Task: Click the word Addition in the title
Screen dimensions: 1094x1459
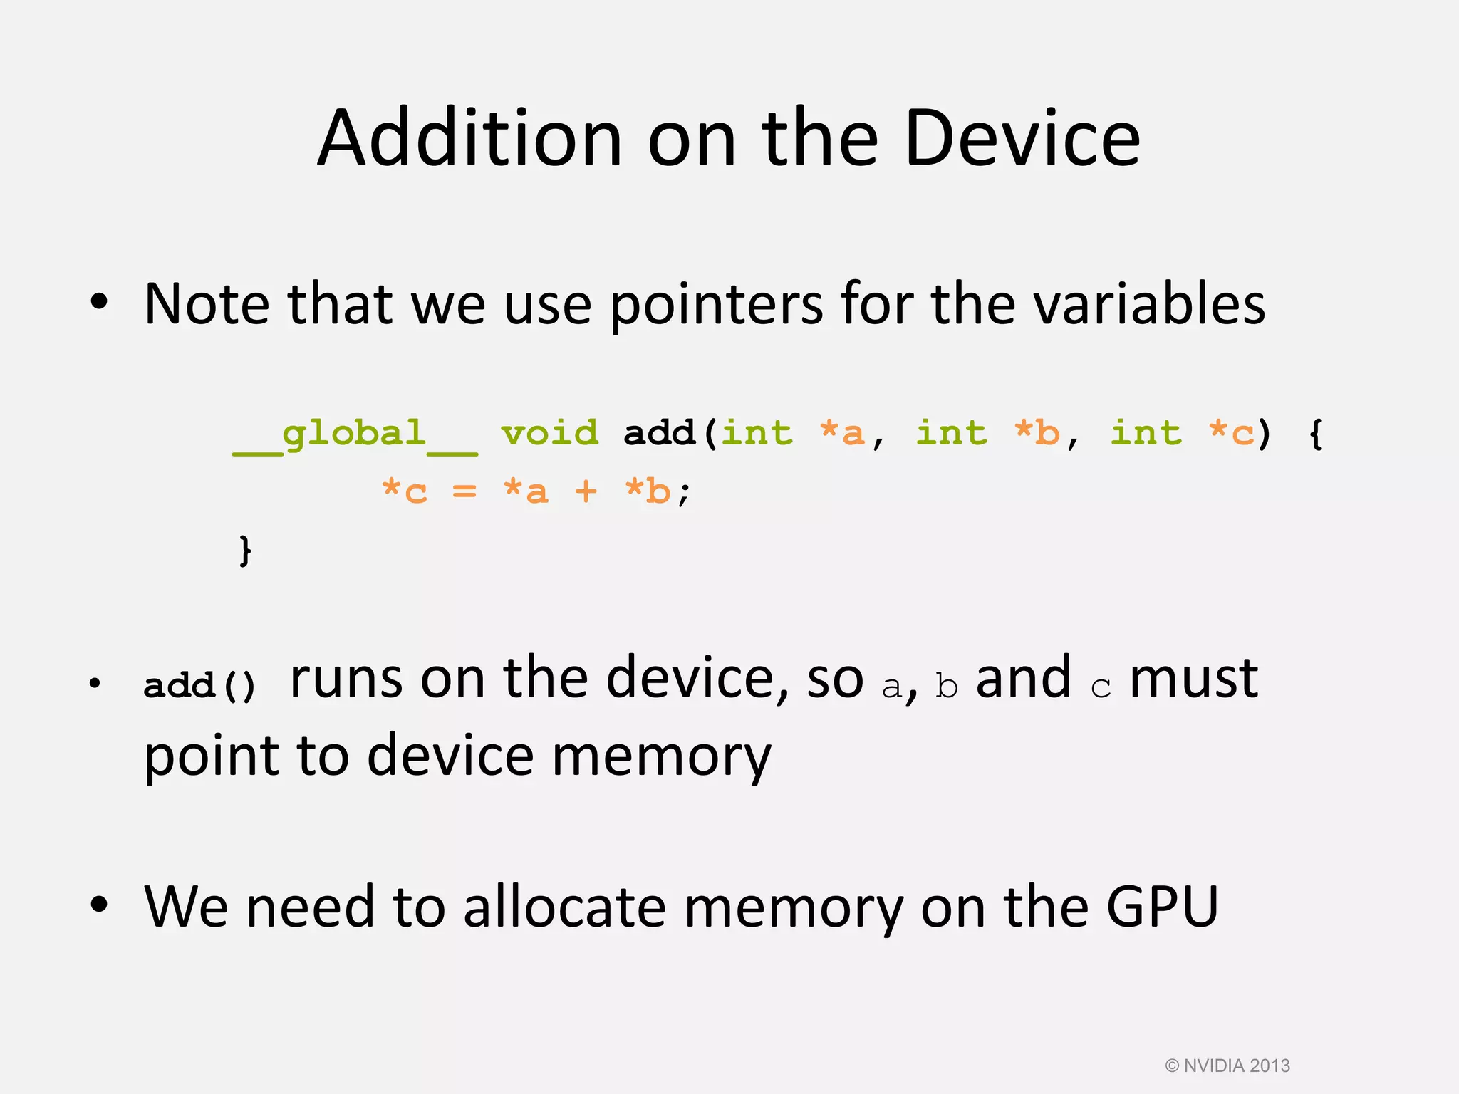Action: tap(470, 138)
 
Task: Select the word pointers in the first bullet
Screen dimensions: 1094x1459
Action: tap(716, 305)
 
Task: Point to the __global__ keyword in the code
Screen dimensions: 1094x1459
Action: tap(355, 434)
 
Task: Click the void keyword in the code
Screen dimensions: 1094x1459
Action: tap(550, 432)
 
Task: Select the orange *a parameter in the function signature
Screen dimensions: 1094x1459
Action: tap(842, 432)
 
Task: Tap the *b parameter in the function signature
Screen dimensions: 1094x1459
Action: tap(1037, 432)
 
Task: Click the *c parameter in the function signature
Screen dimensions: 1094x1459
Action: tap(1231, 432)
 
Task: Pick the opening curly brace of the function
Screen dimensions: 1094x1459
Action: tap(1316, 434)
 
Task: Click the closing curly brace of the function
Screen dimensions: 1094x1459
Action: tap(245, 551)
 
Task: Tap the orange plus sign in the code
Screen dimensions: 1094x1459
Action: tap(586, 491)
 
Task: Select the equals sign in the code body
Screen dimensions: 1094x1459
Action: tap(464, 491)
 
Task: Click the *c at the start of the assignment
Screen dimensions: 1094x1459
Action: tap(405, 491)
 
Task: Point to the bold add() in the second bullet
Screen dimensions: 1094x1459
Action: tap(199, 685)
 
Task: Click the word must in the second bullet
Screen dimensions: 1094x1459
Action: tap(1194, 678)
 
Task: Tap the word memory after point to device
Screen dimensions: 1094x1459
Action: tap(661, 756)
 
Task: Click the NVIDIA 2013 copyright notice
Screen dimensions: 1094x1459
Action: tap(1227, 1066)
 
